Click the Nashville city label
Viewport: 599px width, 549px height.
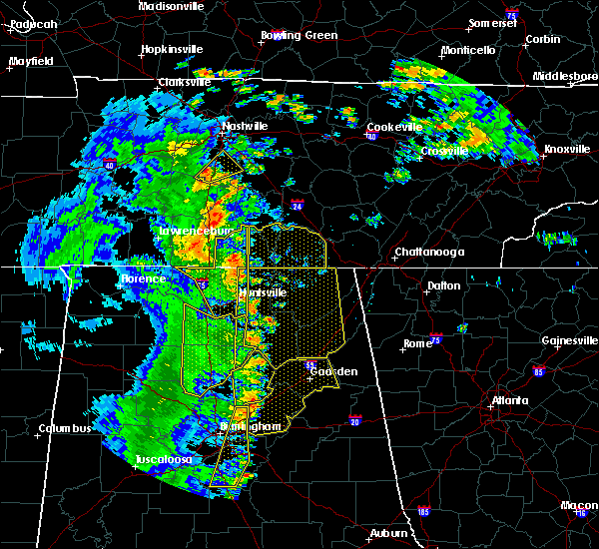(246, 127)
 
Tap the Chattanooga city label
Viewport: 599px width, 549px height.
(429, 253)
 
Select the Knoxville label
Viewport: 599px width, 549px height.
(566, 150)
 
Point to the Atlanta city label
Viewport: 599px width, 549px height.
(510, 401)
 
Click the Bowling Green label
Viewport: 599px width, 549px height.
(299, 36)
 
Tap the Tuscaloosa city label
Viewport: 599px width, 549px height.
(164, 460)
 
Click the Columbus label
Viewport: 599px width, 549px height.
(65, 429)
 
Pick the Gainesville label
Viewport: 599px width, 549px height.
(570, 340)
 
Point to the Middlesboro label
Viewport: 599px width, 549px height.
(565, 76)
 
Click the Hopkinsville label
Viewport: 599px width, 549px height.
(172, 48)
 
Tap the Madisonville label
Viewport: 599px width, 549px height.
(172, 6)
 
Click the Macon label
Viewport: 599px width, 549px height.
(579, 506)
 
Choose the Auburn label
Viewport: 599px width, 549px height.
(390, 534)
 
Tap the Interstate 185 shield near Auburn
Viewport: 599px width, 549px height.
(423, 512)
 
